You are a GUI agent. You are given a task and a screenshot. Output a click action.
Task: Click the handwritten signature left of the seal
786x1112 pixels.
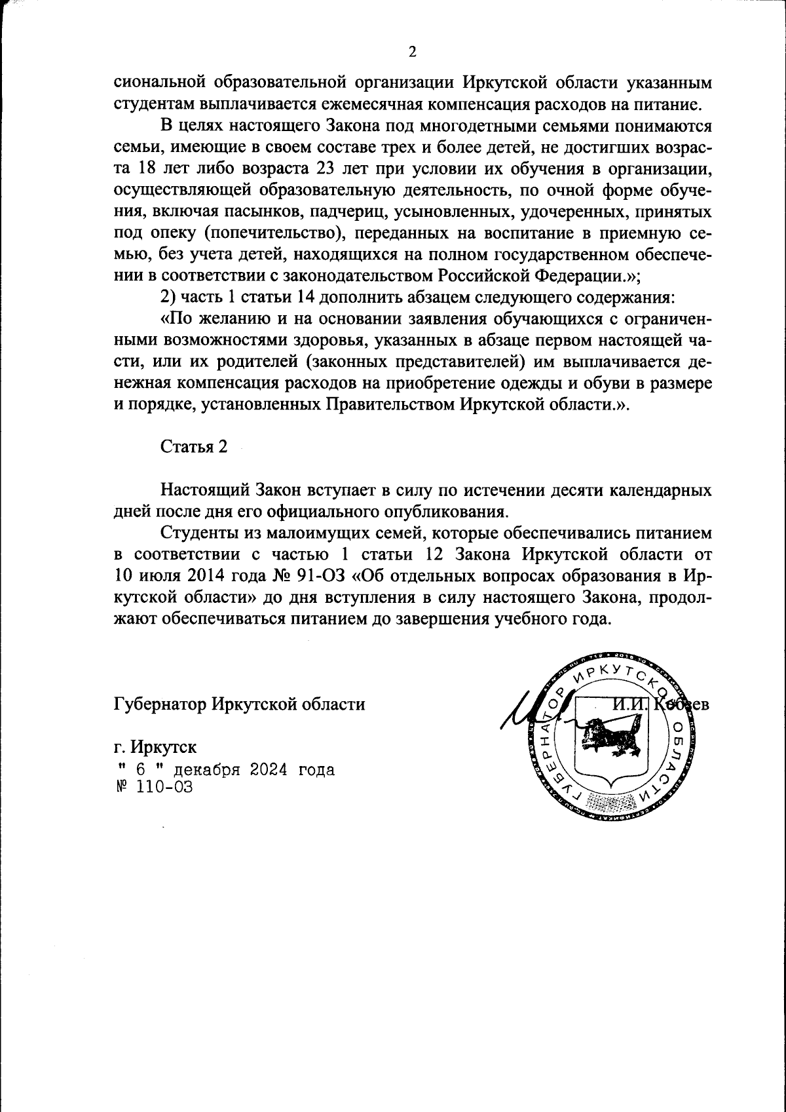(x=524, y=711)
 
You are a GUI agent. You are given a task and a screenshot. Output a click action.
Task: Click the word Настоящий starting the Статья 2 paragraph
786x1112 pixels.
(x=202, y=489)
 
